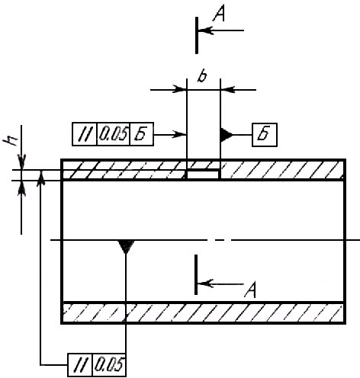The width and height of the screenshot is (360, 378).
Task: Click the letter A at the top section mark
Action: [219, 14]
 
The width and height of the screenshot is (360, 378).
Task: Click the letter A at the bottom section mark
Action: [250, 290]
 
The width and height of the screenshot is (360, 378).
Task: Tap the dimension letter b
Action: [202, 75]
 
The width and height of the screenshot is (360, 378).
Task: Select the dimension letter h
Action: [11, 139]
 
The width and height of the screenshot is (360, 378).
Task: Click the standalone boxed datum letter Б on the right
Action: [265, 135]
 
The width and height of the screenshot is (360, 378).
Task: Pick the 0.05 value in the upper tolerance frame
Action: [113, 134]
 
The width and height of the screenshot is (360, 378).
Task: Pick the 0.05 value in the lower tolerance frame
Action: [109, 364]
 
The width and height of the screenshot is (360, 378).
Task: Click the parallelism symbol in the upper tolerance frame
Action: [85, 134]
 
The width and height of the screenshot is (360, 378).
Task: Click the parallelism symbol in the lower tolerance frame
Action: [79, 364]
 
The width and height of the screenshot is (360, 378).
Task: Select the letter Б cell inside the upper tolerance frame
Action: [142, 134]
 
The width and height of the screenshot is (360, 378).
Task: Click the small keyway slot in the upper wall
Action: [203, 175]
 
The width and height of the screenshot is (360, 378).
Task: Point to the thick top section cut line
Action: [197, 35]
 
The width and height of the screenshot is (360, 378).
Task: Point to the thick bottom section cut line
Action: [196, 274]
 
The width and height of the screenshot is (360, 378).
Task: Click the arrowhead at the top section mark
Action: [205, 30]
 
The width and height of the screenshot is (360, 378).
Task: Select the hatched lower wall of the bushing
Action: [203, 312]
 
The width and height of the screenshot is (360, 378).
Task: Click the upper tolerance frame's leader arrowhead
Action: [179, 134]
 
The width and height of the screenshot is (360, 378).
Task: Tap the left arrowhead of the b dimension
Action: [179, 89]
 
